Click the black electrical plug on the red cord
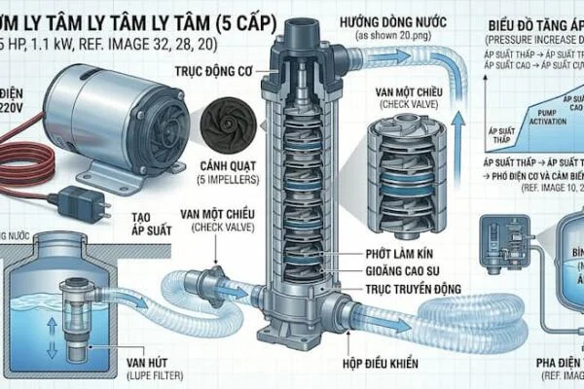[75, 201]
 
